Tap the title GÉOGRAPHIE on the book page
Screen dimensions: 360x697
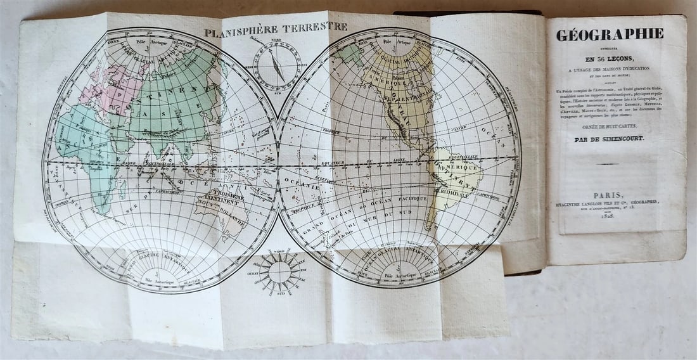(610, 35)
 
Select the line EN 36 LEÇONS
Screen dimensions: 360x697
(610, 52)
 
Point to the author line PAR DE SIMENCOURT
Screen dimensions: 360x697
(608, 138)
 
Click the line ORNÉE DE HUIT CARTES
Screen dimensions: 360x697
(608, 126)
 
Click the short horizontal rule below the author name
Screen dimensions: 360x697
(608, 164)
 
